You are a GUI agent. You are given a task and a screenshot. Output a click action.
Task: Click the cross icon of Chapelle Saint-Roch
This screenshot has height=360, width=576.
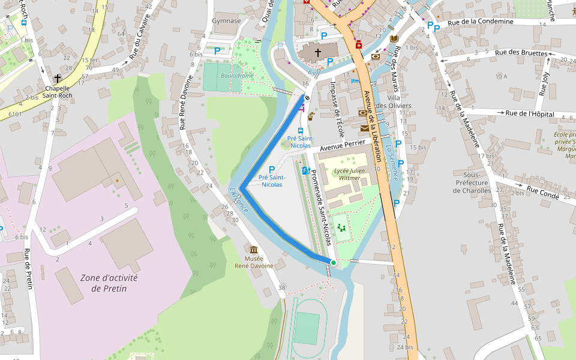pyautogui.click(x=58, y=79)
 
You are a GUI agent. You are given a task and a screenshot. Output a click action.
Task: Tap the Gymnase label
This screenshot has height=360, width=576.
pyautogui.click(x=226, y=21)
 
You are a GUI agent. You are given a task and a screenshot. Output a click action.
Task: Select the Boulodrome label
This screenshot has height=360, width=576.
pyautogui.click(x=237, y=76)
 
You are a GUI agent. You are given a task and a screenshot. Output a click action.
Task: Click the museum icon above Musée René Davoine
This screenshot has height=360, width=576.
pyautogui.click(x=254, y=250)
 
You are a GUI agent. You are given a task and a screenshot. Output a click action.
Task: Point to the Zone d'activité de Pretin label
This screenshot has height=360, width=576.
pyautogui.click(x=109, y=283)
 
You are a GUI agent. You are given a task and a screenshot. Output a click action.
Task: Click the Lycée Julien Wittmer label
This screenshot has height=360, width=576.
pyautogui.click(x=349, y=174)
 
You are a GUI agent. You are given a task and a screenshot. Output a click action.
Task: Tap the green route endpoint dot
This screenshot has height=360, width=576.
pyautogui.click(x=334, y=263)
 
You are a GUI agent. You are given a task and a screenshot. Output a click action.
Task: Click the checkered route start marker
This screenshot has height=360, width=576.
pyautogui.click(x=307, y=97)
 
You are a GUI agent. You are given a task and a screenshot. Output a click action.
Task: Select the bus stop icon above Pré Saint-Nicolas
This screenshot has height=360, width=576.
pyautogui.click(x=300, y=130)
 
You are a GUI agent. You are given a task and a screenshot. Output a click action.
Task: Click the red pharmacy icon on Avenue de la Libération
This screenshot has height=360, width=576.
pyautogui.click(x=359, y=45)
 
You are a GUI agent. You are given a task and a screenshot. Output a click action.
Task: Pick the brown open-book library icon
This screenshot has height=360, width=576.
pyautogui.click(x=394, y=39)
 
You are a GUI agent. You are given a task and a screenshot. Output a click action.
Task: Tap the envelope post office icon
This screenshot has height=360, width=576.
pyautogui.click(x=365, y=128)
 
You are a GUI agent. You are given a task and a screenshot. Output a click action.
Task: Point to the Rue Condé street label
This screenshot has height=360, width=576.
pyautogui.click(x=543, y=192)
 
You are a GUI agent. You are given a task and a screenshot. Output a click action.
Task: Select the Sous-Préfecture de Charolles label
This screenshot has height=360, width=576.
pyautogui.click(x=472, y=187)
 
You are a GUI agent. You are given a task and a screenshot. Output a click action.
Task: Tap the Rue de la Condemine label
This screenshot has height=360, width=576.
pyautogui.click(x=481, y=22)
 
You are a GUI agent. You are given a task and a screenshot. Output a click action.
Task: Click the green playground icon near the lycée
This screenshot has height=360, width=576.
pyautogui.click(x=341, y=227)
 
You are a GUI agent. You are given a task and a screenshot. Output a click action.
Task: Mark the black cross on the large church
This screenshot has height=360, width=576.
pyautogui.click(x=318, y=53)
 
